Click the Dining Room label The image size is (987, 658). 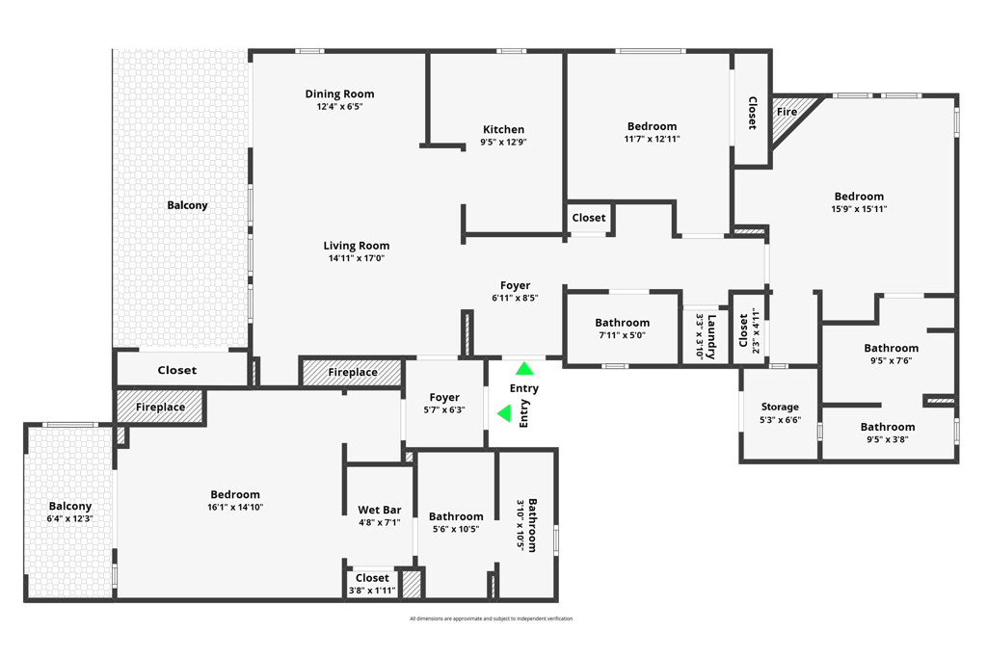pyautogui.click(x=339, y=93)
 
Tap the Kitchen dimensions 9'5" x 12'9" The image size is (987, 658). pyautogui.click(x=503, y=142)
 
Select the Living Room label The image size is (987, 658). pyautogui.click(x=356, y=246)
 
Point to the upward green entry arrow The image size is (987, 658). pyautogui.click(x=523, y=369)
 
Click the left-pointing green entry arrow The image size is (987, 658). pyautogui.click(x=504, y=413)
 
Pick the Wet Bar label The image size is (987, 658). pyautogui.click(x=379, y=510)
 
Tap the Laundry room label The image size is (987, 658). pyautogui.click(x=711, y=336)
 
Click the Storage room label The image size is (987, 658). pyautogui.click(x=780, y=407)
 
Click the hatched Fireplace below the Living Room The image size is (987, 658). pyautogui.click(x=353, y=372)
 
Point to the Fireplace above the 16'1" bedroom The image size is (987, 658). pyautogui.click(x=160, y=407)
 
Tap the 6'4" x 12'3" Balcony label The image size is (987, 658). pyautogui.click(x=70, y=506)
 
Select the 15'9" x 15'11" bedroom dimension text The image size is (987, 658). pyautogui.click(x=859, y=209)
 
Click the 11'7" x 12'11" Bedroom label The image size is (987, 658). pyautogui.click(x=652, y=126)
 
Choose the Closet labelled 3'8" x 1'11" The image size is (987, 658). pyautogui.click(x=372, y=578)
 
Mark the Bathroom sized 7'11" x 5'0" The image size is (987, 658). pyautogui.click(x=622, y=323)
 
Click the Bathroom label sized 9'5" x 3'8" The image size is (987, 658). pyautogui.click(x=888, y=427)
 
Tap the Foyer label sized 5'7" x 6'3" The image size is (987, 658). pyautogui.click(x=444, y=397)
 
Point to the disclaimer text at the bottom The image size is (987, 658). pyautogui.click(x=491, y=619)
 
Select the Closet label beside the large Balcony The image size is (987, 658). pyautogui.click(x=176, y=370)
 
